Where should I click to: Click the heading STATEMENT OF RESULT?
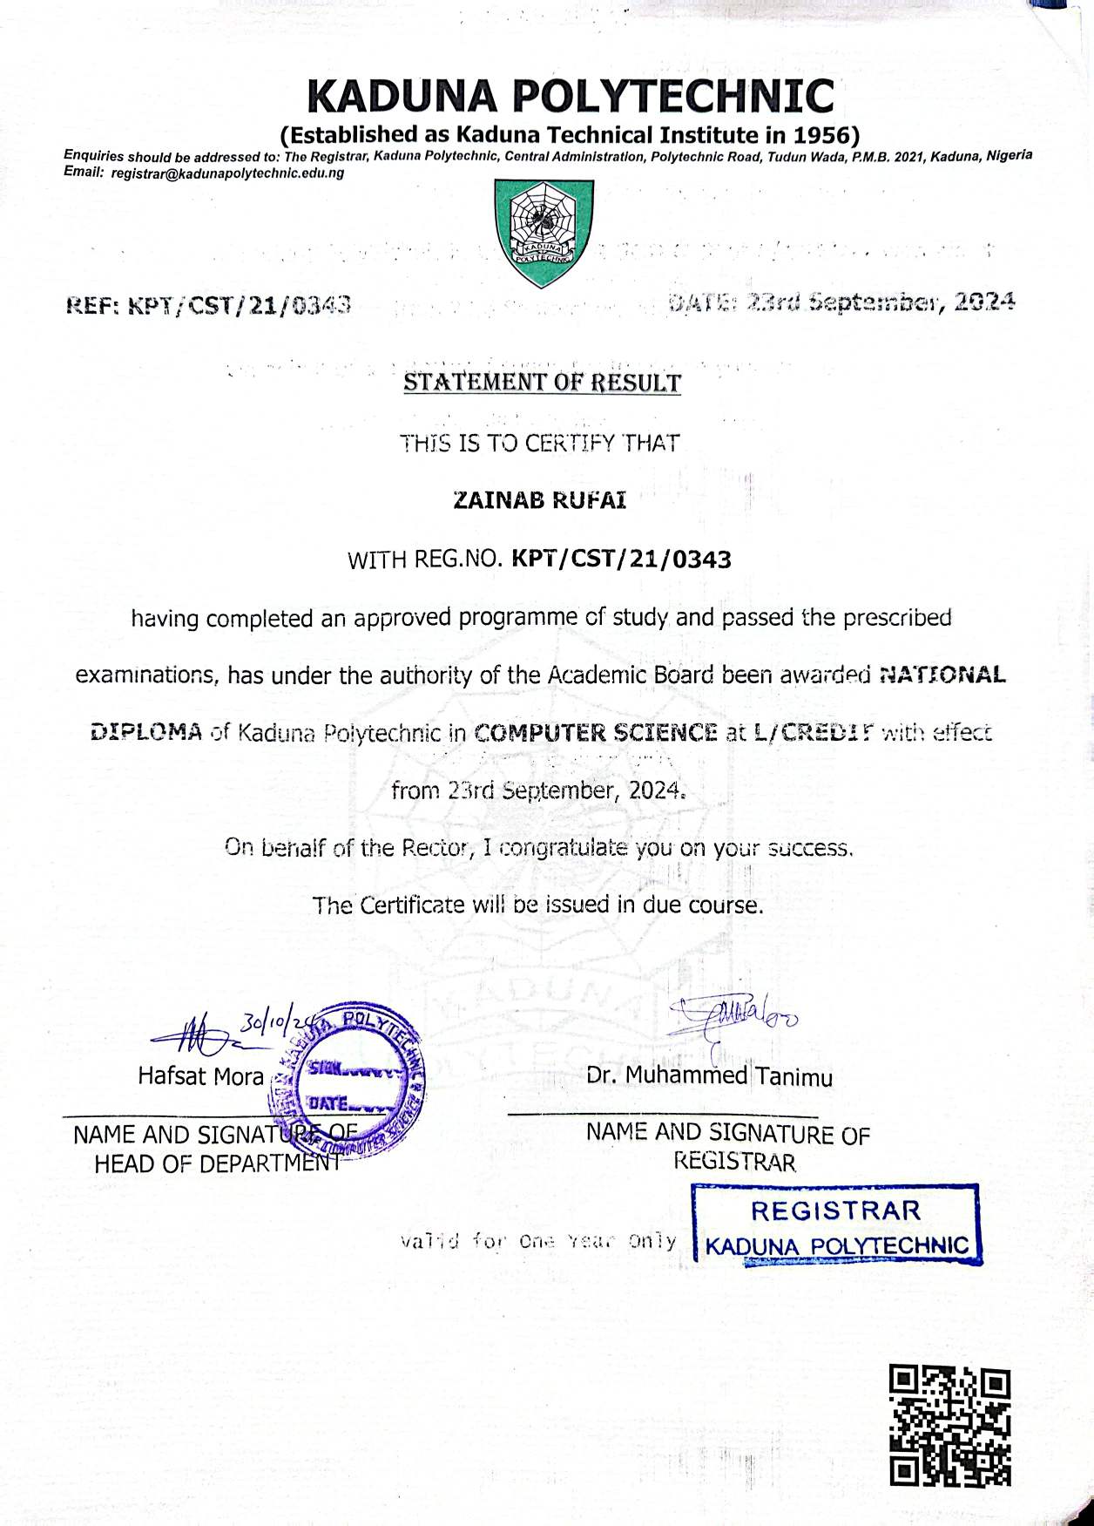pos(541,383)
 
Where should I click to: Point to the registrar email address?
pos(227,173)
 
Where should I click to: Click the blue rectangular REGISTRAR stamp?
pos(835,1224)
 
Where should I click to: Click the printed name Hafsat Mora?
pos(200,1077)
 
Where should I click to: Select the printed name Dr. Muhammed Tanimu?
pos(709,1077)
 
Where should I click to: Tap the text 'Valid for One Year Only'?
pos(537,1240)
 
